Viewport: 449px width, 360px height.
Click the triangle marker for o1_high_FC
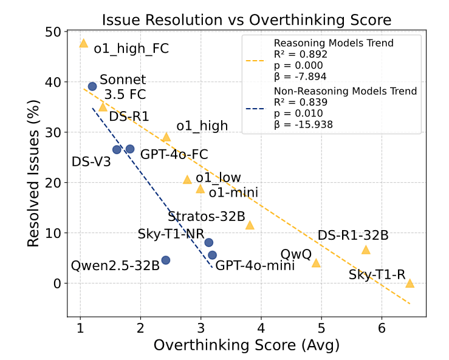83,43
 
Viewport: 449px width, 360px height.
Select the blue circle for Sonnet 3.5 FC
92,86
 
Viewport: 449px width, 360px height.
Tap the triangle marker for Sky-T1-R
410,284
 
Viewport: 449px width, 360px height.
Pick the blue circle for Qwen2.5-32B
165,260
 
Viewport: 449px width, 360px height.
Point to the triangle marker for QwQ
316,263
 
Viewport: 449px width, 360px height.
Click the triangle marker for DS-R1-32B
366,250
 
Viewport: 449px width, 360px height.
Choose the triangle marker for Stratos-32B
249,225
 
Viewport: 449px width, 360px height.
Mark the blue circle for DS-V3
117,149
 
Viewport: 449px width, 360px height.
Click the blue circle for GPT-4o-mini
212,255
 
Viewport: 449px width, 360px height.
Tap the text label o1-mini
233,192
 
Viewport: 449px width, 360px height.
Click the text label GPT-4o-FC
174,155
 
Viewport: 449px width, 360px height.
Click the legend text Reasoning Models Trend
334,43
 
